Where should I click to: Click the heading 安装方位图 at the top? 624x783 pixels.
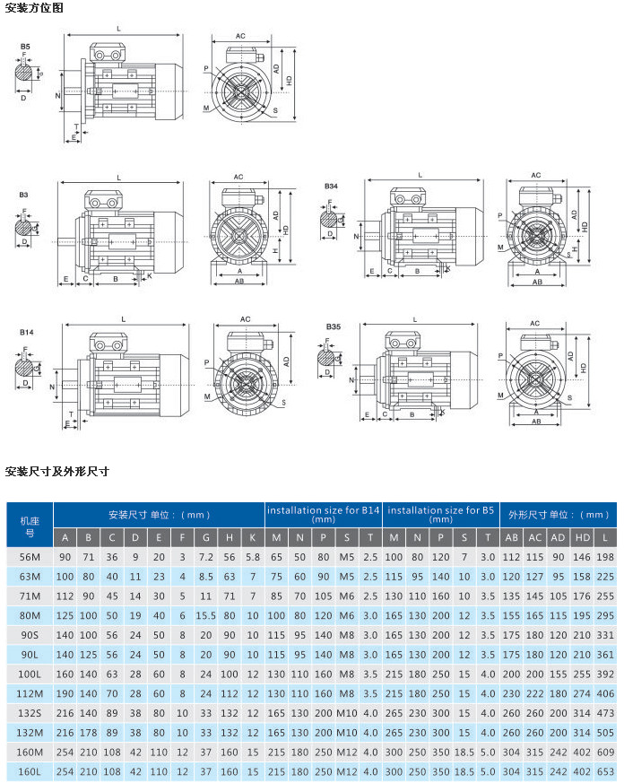point(35,8)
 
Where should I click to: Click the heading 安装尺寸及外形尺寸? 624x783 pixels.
point(57,471)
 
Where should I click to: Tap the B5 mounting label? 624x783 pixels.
point(25,45)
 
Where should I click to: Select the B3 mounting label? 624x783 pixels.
point(24,194)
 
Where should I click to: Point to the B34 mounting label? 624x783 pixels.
point(332,187)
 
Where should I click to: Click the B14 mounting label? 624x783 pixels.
point(27,333)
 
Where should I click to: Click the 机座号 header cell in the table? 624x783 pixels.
point(29,525)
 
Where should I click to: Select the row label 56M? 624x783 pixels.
point(29,557)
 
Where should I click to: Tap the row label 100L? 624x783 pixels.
point(29,673)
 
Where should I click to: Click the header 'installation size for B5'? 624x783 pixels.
point(441,514)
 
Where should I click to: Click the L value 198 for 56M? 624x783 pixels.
point(605,557)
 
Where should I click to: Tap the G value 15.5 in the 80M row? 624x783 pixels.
point(205,615)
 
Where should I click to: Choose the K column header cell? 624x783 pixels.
point(253,538)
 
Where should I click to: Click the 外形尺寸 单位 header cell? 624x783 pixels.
point(559,515)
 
